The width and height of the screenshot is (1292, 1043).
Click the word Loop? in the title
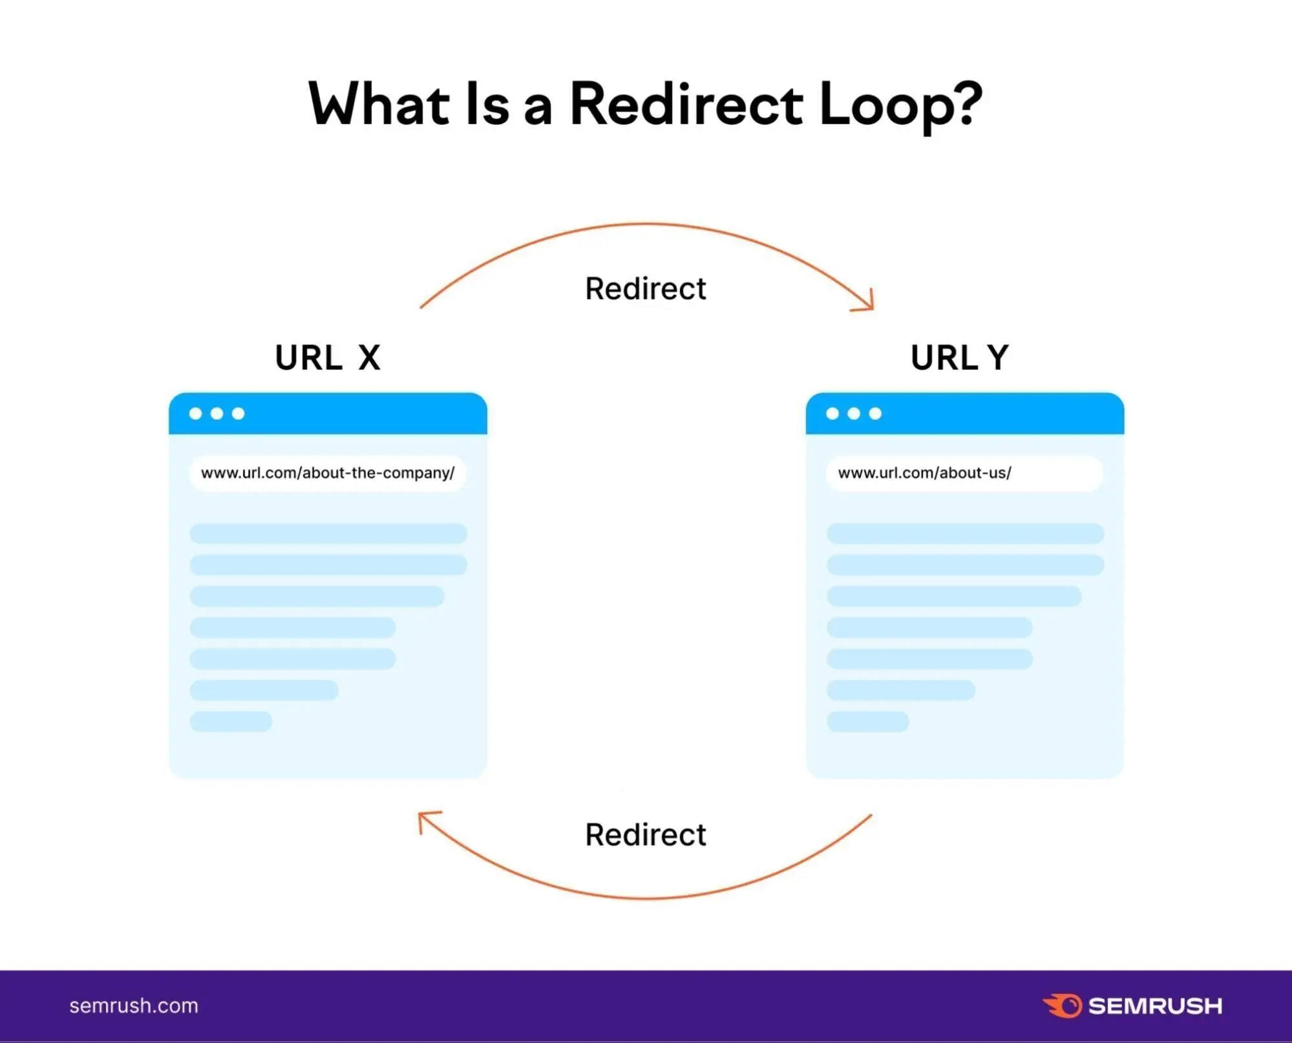pyautogui.click(x=900, y=105)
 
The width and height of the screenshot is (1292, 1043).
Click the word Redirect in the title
pyautogui.click(x=686, y=105)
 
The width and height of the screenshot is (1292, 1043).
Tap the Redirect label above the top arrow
pyautogui.click(x=645, y=288)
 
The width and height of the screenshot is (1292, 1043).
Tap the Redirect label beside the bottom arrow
pyautogui.click(x=645, y=834)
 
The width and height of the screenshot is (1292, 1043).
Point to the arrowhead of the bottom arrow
pyautogui.click(x=424, y=819)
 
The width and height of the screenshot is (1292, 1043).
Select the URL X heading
pyautogui.click(x=328, y=357)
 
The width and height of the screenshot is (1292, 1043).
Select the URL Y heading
pyautogui.click(x=959, y=357)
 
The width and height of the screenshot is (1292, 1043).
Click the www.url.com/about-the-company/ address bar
pyautogui.click(x=328, y=473)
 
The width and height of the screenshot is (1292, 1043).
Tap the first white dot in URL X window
pyautogui.click(x=195, y=414)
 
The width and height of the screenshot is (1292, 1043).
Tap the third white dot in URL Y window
pyautogui.click(x=875, y=414)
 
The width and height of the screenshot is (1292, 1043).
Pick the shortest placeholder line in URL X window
pyautogui.click(x=231, y=721)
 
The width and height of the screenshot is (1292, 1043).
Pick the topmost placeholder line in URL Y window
pyautogui.click(x=964, y=534)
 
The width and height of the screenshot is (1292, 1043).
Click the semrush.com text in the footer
pyautogui.click(x=134, y=1006)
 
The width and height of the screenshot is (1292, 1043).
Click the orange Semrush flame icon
pyautogui.click(x=1062, y=1006)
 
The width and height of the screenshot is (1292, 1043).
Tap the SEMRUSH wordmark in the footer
pyautogui.click(x=1155, y=1006)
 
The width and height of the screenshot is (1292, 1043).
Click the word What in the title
pyautogui.click(x=379, y=105)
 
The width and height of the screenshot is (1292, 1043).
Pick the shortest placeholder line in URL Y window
pyautogui.click(x=867, y=721)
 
